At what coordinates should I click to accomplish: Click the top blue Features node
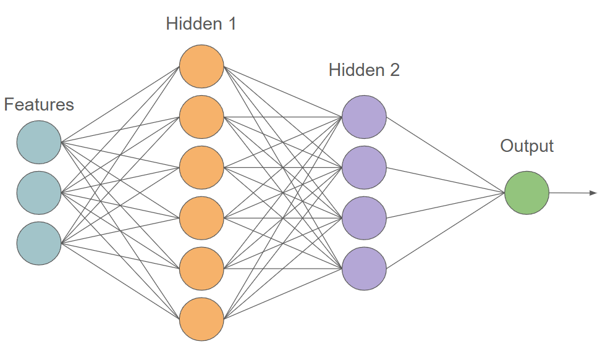(39, 142)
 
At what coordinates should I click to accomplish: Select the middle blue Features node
(39, 193)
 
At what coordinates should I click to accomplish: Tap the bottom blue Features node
(39, 243)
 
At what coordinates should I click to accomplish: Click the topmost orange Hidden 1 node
(201, 66)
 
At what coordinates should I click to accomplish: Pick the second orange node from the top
(201, 117)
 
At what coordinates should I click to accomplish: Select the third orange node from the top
(201, 167)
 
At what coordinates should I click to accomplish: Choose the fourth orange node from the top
(201, 218)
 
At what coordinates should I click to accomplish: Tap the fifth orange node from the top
(201, 269)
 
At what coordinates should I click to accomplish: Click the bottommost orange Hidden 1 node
(201, 319)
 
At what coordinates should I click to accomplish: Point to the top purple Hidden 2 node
(364, 117)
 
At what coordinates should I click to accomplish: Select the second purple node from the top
(364, 167)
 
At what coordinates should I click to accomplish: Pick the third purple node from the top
(364, 218)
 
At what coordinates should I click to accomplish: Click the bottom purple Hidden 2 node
(364, 269)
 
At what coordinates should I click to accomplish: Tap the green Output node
(526, 193)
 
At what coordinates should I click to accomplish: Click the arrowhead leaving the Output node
(593, 193)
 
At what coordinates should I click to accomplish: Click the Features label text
(39, 105)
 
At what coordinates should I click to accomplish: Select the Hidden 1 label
(201, 25)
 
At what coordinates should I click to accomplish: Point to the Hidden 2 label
(364, 70)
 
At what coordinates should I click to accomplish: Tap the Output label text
(526, 146)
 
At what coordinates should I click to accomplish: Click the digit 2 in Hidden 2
(394, 70)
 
